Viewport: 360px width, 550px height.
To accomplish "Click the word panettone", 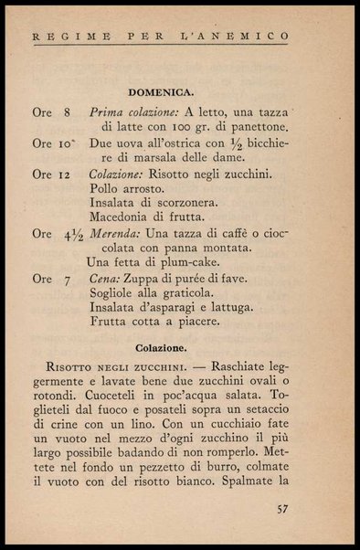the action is coord(257,128).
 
